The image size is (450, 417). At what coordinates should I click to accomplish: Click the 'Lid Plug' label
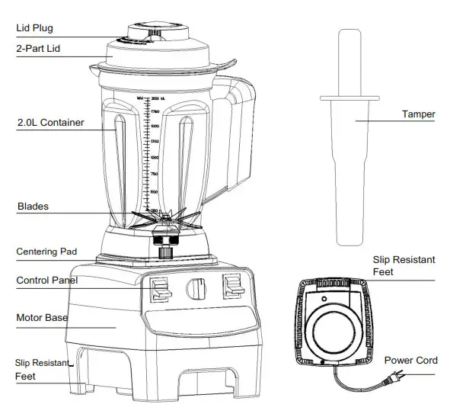(x=35, y=28)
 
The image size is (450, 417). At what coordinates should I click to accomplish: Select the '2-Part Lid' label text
(x=40, y=49)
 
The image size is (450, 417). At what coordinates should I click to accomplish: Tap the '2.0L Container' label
(x=50, y=121)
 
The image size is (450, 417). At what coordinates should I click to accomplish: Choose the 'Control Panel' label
(x=46, y=281)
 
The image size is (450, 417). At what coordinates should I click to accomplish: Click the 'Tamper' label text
(x=418, y=114)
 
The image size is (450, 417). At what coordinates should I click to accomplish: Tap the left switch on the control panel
(x=160, y=289)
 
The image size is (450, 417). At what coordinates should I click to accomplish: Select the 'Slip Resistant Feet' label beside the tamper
(x=403, y=265)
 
